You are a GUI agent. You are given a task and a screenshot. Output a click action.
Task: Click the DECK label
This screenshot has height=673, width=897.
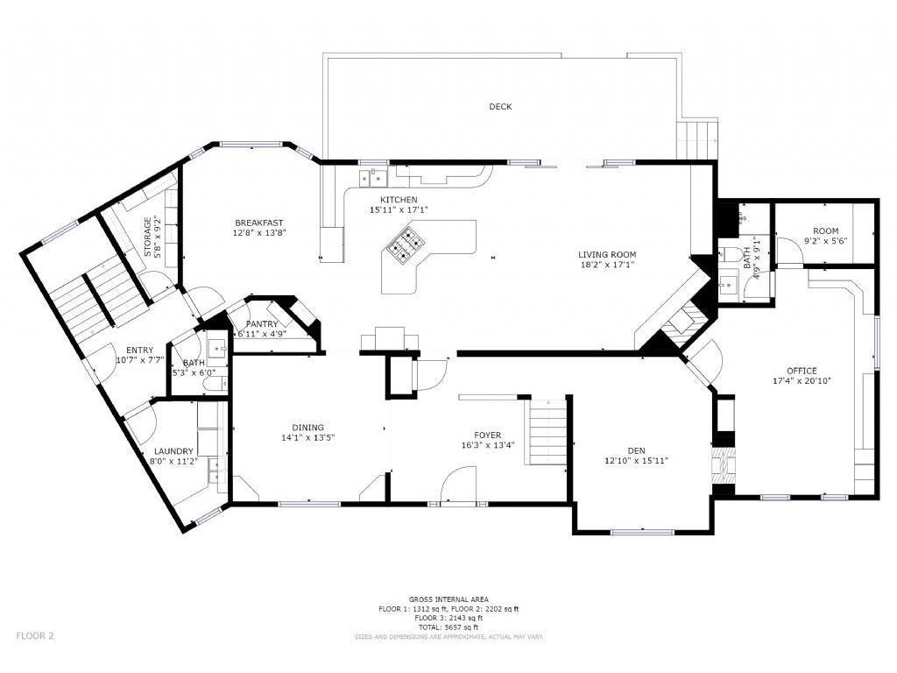tap(500, 106)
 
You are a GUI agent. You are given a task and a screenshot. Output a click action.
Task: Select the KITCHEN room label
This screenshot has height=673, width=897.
tap(399, 200)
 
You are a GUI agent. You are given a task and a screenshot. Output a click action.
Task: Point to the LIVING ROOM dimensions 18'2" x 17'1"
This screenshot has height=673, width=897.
tap(607, 265)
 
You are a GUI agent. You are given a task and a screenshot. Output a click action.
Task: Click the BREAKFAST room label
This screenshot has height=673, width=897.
tap(259, 223)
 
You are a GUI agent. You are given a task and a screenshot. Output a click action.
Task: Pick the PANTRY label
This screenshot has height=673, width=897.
tap(262, 324)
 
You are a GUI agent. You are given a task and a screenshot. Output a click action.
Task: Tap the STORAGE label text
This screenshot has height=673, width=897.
tap(148, 237)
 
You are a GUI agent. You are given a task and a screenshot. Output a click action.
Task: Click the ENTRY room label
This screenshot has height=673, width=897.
tap(139, 351)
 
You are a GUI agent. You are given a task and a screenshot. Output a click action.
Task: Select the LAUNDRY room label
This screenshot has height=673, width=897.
tap(174, 451)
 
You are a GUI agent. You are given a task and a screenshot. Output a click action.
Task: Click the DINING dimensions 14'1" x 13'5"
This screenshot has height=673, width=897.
tap(307, 437)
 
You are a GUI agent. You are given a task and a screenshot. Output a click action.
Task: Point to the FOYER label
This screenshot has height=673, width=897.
tap(487, 436)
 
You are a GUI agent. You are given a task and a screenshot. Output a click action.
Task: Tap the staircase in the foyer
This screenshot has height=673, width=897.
tap(547, 432)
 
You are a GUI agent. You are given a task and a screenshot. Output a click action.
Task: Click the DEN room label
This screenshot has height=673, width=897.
tap(636, 451)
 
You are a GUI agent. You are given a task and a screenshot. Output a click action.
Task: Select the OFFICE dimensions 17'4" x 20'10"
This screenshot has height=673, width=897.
tap(802, 380)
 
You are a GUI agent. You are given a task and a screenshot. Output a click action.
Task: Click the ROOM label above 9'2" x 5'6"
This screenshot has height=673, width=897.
tap(825, 231)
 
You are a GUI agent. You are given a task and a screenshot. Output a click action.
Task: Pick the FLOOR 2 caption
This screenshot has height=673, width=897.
tap(35, 635)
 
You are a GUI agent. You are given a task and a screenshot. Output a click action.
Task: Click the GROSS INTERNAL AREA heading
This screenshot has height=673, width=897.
tap(448, 599)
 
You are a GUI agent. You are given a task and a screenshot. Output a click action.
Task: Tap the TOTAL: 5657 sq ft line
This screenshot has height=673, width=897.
tap(448, 627)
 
